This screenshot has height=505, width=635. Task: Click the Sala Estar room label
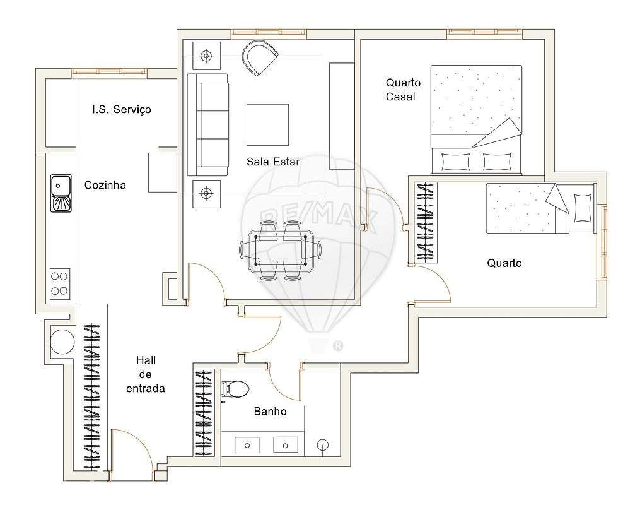click(272, 162)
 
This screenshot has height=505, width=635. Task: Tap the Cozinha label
click(105, 185)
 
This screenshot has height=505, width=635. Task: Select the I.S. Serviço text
click(122, 109)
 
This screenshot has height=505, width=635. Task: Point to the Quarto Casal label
click(403, 90)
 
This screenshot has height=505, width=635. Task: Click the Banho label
click(270, 412)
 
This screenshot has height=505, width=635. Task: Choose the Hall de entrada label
click(146, 374)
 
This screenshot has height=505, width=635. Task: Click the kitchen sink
click(61, 194)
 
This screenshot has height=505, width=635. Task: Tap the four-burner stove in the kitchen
click(60, 283)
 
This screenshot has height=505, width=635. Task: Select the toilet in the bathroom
click(236, 389)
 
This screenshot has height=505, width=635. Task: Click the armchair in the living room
click(259, 57)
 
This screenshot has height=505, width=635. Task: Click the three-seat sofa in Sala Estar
click(208, 125)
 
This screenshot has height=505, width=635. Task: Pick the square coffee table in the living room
click(267, 125)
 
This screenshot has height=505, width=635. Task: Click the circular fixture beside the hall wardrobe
click(62, 342)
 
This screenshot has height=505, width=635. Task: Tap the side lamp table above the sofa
click(206, 57)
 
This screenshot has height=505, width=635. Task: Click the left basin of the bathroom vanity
click(247, 445)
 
